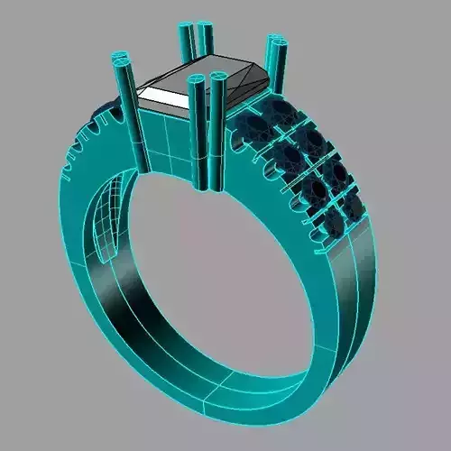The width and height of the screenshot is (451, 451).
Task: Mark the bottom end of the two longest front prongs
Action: (207, 184)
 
